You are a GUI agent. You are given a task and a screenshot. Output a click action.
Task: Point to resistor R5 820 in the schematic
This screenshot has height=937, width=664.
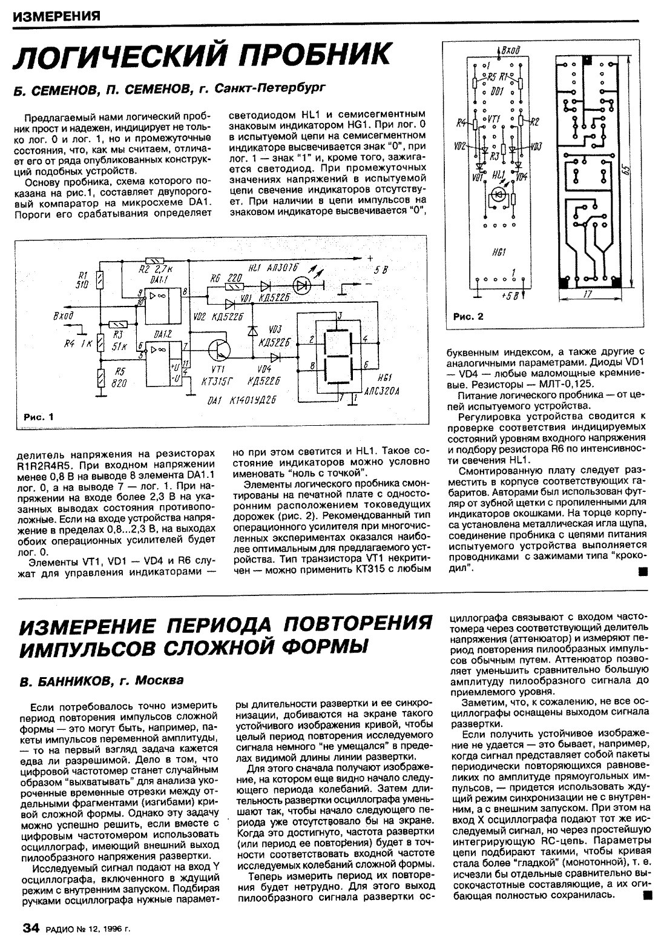click(101, 379)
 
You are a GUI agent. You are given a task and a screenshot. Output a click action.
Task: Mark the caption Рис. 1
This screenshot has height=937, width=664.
click(37, 417)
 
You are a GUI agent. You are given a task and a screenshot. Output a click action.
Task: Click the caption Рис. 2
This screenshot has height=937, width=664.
click(468, 317)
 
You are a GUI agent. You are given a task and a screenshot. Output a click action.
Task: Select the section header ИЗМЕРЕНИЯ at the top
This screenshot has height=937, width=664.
click(55, 15)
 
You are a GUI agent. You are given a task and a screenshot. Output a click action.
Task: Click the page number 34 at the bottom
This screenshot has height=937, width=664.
click(30, 927)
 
